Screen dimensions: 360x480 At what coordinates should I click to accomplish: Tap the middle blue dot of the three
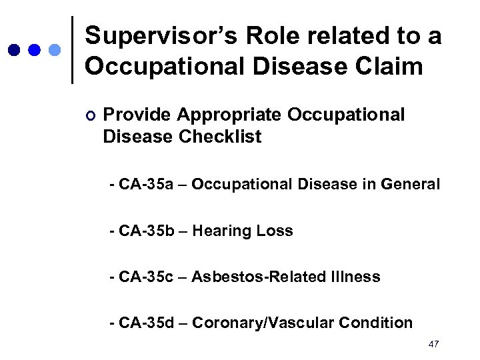pyautogui.click(x=35, y=50)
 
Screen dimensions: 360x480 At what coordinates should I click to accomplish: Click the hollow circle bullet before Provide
pyautogui.click(x=91, y=116)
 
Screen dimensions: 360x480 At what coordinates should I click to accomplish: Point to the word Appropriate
pyautogui.click(x=229, y=115)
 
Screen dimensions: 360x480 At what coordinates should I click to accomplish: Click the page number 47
pyautogui.click(x=433, y=344)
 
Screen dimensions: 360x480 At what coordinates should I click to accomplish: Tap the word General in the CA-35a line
pyautogui.click(x=412, y=183)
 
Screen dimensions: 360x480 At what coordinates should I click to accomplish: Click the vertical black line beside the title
pyautogui.click(x=72, y=50)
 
